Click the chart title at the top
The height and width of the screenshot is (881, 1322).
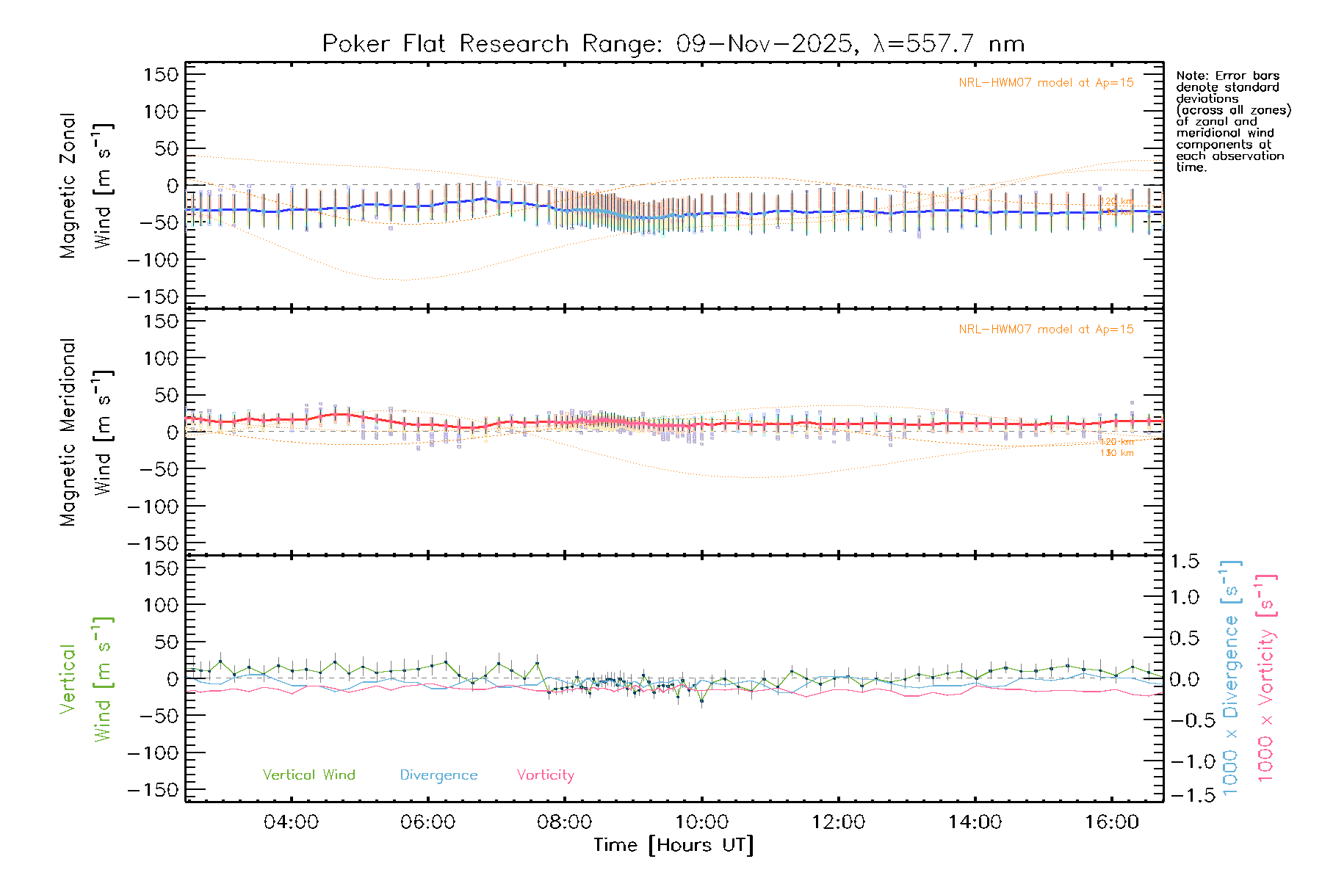click(673, 44)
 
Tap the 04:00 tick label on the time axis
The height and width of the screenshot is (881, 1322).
click(291, 822)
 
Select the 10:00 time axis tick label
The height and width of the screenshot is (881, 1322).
click(701, 822)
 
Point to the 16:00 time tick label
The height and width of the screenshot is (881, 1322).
click(1111, 822)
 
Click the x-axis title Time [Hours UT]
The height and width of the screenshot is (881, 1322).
click(673, 845)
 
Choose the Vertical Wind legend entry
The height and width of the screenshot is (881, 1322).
click(308, 775)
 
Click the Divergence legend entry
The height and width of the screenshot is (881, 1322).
click(438, 775)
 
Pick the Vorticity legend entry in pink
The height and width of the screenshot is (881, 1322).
click(545, 775)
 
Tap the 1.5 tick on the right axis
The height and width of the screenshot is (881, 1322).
click(1184, 562)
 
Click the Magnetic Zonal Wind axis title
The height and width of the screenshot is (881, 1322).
click(86, 186)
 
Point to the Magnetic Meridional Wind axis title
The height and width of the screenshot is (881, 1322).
click(86, 432)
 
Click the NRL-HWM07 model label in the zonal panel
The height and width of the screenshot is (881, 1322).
click(1046, 83)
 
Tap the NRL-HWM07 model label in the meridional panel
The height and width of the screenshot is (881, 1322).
click(1046, 330)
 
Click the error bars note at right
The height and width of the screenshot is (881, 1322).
click(1232, 121)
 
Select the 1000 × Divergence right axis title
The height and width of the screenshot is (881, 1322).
click(1230, 678)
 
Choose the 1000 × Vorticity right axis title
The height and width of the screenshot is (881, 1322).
click(1265, 678)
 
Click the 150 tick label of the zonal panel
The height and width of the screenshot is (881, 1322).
click(161, 75)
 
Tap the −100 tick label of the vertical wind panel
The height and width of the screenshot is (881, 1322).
click(153, 753)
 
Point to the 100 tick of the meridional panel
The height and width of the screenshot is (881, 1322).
click(161, 358)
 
